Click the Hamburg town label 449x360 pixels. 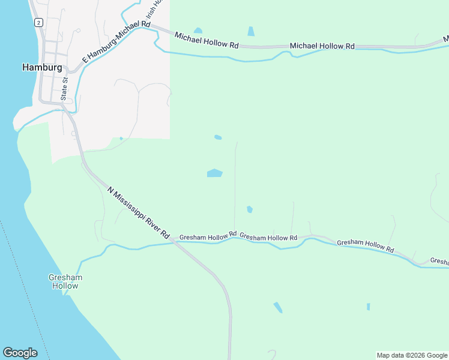click(x=41, y=67)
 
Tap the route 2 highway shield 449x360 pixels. click(x=38, y=22)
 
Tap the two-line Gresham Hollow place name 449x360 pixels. click(x=64, y=281)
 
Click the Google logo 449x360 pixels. click(x=20, y=353)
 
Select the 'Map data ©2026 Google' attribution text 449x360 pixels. click(x=411, y=355)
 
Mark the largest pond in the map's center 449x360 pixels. click(x=214, y=173)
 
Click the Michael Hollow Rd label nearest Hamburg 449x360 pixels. click(x=206, y=41)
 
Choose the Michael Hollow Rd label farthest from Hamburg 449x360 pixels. click(x=322, y=46)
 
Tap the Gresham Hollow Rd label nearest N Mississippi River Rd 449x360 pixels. click(x=208, y=236)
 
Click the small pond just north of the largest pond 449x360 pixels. click(x=218, y=137)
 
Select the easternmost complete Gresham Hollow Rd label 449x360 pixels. click(x=366, y=246)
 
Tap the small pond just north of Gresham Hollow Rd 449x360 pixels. click(x=249, y=209)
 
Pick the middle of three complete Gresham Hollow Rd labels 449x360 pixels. click(x=268, y=238)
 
